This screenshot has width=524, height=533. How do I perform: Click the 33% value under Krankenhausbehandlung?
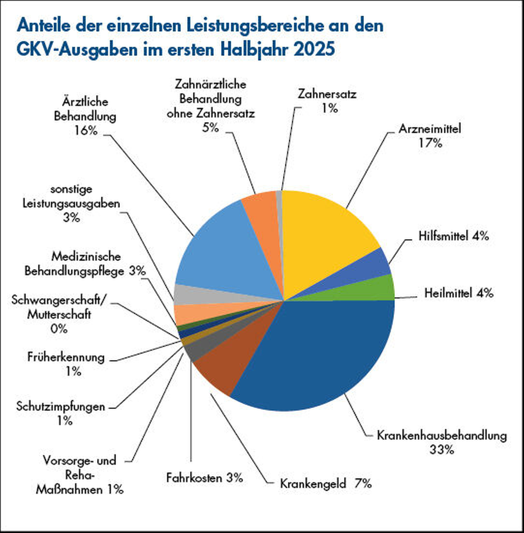coord(441,450)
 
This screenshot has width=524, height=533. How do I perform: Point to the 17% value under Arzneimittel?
coord(430,143)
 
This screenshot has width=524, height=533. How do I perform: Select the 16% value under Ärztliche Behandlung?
coord(86,130)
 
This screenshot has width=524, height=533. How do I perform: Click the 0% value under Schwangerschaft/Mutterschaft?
coord(59,329)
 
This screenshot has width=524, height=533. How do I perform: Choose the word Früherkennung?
coord(66,358)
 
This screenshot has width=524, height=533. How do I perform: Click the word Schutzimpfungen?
coord(61,407)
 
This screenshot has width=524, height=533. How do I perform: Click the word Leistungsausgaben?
coord(71,204)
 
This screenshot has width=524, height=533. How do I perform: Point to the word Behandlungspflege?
coord(74,271)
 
